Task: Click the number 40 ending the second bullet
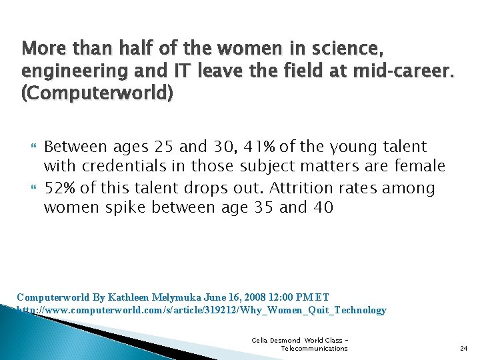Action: tap(323, 209)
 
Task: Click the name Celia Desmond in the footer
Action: tap(275, 340)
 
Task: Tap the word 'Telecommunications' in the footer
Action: tap(314, 348)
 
